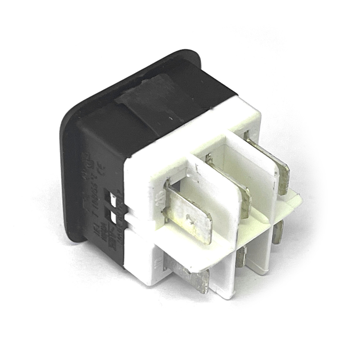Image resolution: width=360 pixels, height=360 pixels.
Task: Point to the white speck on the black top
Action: pos(171,120)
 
